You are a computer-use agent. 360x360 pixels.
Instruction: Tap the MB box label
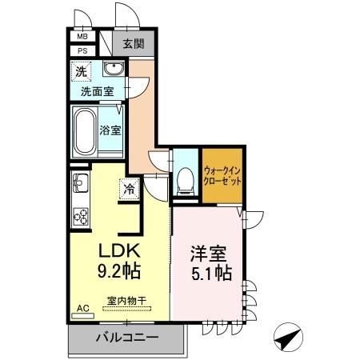point(82,36)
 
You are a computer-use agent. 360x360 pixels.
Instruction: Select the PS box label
point(82,51)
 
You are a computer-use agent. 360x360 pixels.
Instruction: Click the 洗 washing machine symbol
point(82,71)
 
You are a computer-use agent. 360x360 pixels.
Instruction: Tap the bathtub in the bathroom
point(84,130)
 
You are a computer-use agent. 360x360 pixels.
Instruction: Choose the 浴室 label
point(110,130)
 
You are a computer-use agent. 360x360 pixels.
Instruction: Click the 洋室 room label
point(208,255)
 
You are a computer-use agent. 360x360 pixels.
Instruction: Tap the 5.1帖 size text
point(210,274)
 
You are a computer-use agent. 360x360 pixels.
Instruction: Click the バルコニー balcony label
point(126,337)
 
